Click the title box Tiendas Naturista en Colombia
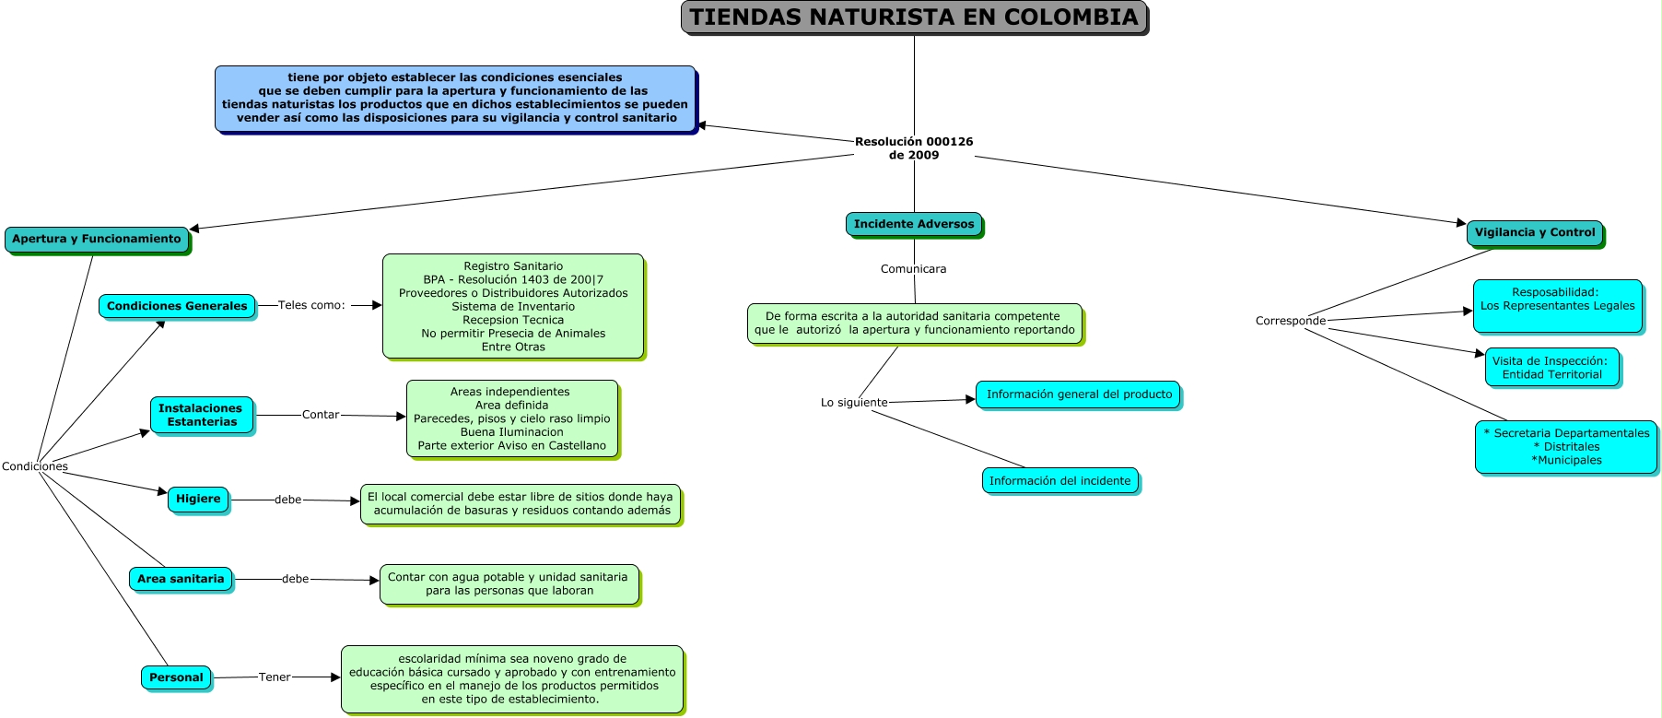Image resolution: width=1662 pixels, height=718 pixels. [x=914, y=18]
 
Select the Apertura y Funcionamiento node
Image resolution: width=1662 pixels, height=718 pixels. [x=98, y=240]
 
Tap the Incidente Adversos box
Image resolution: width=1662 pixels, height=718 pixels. [x=915, y=225]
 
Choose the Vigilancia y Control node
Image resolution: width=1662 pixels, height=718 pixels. [x=1536, y=233]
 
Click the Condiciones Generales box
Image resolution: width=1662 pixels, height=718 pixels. [x=178, y=307]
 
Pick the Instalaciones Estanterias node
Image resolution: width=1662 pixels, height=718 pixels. [x=202, y=416]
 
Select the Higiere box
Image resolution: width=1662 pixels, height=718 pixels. [x=199, y=500]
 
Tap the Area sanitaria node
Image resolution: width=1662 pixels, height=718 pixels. [x=181, y=580]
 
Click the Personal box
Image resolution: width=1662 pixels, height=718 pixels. [x=177, y=678]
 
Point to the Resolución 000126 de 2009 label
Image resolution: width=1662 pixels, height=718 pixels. [x=914, y=148]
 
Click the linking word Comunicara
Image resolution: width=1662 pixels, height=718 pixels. [x=913, y=269]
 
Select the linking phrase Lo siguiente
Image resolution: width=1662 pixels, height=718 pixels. [x=854, y=403]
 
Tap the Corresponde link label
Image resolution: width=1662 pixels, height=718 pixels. [x=1291, y=321]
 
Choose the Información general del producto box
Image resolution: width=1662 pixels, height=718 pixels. [x=1079, y=395]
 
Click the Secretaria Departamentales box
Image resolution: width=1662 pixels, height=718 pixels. [x=1567, y=448]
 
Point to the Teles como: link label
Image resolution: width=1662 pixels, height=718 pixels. [x=311, y=305]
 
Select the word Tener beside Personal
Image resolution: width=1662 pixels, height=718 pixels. [x=275, y=677]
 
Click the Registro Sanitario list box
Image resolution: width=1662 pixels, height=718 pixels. [x=514, y=307]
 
